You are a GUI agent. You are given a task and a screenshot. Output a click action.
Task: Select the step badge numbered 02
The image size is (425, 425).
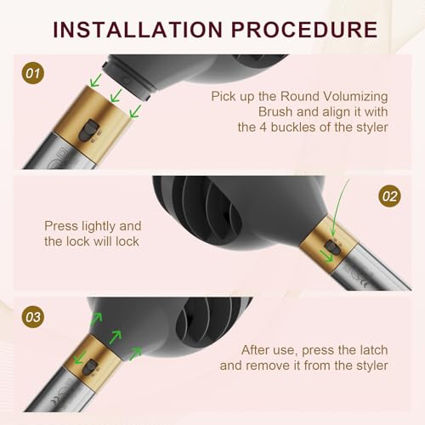389,196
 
